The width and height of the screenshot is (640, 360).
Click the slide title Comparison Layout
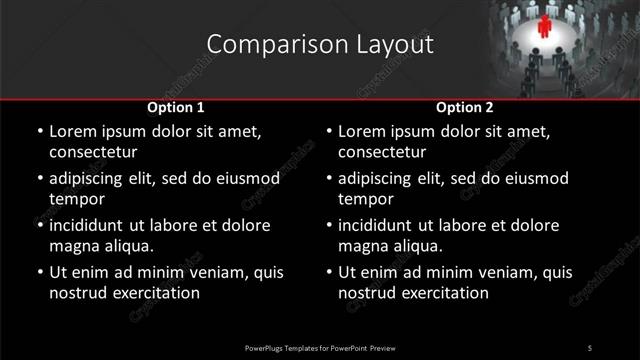click(320, 45)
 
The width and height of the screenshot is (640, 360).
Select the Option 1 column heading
click(175, 107)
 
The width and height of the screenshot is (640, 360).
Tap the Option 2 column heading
click(465, 107)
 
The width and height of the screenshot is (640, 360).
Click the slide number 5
click(589, 347)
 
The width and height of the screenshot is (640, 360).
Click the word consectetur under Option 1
click(91, 153)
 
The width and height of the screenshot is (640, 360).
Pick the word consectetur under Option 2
click(381, 153)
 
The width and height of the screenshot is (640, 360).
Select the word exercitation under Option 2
click(444, 293)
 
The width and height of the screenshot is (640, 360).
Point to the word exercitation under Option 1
click(154, 293)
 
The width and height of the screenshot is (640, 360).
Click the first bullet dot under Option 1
click(38, 131)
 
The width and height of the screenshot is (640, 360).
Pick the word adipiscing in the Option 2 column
click(381, 178)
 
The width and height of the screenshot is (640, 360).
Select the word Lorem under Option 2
click(363, 131)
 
